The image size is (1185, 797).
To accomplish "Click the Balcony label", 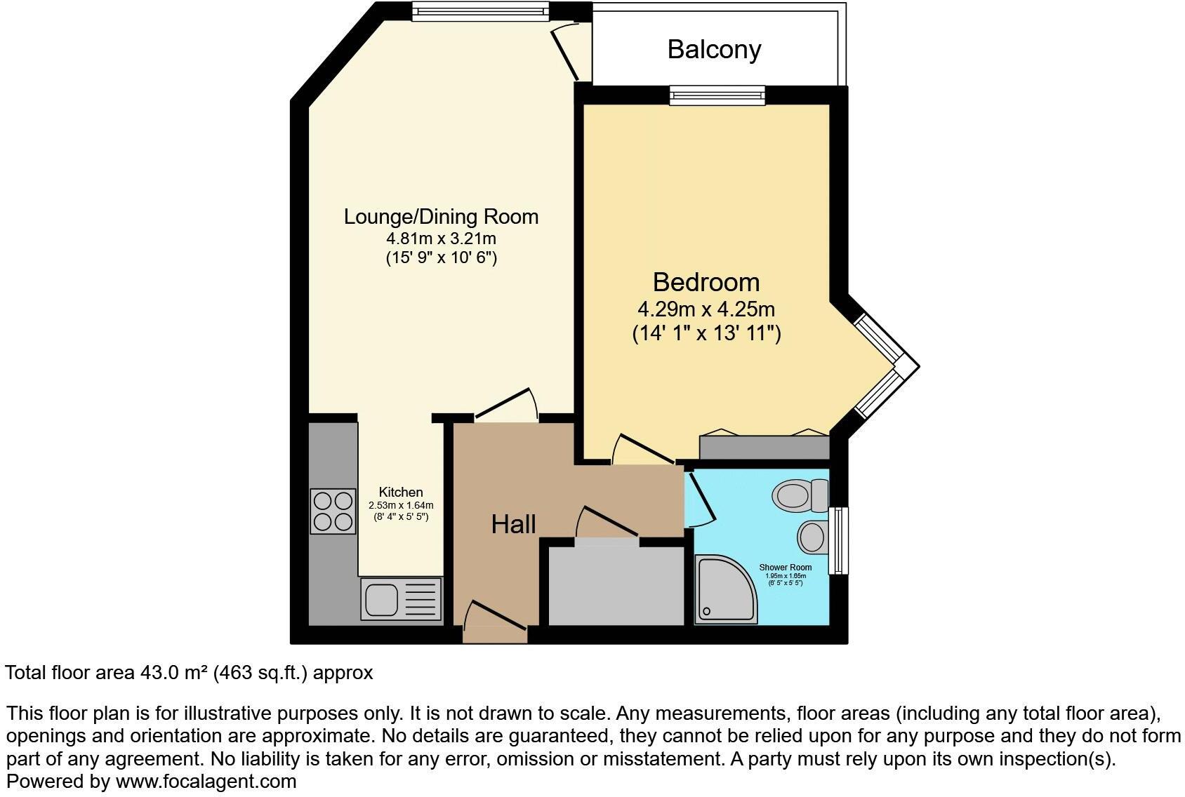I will point(714,49).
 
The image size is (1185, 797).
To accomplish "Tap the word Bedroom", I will point(706,282).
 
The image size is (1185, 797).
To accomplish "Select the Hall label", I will point(513,524).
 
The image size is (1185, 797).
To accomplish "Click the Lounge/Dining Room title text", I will point(441,217).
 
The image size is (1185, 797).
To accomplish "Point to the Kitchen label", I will point(401,492).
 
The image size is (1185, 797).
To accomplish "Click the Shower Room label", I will point(786,567).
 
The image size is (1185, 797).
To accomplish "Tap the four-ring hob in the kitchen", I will point(333,511).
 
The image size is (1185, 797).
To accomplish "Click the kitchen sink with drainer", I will point(401,599).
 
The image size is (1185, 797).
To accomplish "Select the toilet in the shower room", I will point(801,495).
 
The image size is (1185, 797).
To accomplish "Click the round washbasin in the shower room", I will point(812,537).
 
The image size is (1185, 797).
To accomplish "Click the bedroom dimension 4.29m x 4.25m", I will point(706,309).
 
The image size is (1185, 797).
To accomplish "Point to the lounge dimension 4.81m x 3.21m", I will point(441,239).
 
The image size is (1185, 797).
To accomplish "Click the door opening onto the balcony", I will point(566,53).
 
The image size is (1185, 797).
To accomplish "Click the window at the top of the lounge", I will point(479,11).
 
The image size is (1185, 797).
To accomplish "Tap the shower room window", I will point(838,540).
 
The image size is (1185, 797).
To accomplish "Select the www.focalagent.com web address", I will point(206,781).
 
